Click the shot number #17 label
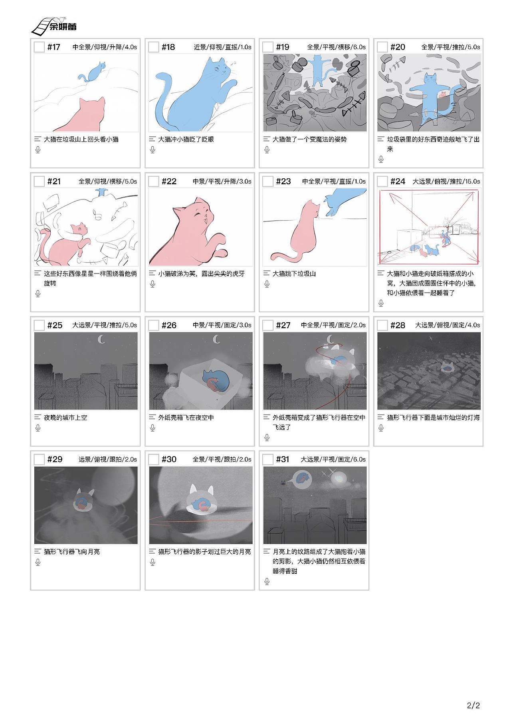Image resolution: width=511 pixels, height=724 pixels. click(x=53, y=47)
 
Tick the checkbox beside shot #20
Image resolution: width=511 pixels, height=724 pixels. click(x=382, y=47)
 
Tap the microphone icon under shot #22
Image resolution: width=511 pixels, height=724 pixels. click(x=153, y=284)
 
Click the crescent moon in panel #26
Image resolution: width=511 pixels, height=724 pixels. click(x=216, y=339)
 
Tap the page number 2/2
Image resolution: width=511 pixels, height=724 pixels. click(x=473, y=705)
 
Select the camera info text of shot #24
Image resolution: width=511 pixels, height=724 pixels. click(x=446, y=181)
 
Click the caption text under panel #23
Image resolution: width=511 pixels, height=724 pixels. click(x=294, y=274)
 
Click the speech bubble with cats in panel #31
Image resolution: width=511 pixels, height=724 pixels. click(x=303, y=479)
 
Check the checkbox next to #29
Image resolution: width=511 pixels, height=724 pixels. click(x=39, y=459)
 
